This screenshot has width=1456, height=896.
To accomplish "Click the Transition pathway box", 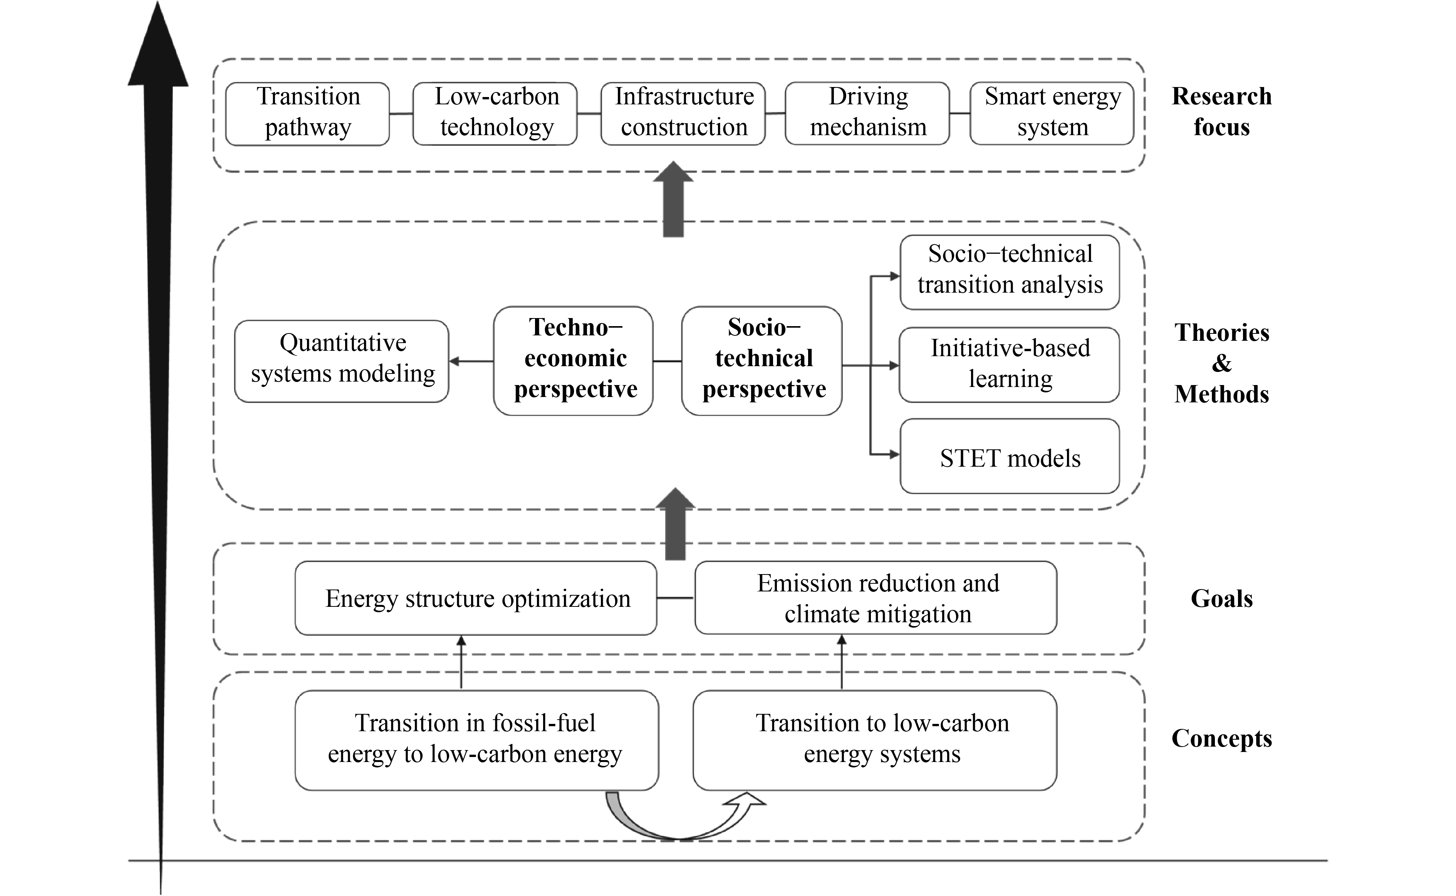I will [x=308, y=113].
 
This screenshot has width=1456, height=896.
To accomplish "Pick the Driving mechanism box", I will [x=867, y=113].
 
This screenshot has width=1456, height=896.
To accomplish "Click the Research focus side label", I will [x=1221, y=111].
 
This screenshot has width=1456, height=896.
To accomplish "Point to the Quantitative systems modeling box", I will [x=342, y=361].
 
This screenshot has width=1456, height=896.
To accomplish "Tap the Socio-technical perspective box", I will [x=762, y=360].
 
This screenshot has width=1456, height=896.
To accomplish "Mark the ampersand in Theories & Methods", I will [x=1221, y=363].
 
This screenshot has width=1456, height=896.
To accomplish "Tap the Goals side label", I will [x=1221, y=598].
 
